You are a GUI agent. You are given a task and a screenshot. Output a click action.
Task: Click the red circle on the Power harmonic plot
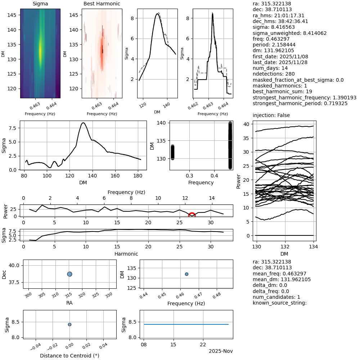tap(192, 215)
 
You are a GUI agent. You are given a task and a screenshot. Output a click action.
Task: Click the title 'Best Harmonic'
tap(102, 4)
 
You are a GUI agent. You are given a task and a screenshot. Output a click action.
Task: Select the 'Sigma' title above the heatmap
tap(40, 4)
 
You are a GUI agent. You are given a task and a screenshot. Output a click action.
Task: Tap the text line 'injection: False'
tap(271, 115)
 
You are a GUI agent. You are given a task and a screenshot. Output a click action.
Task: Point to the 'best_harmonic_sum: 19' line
tap(282, 91)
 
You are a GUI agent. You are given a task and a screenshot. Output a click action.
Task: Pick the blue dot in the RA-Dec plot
tap(69, 274)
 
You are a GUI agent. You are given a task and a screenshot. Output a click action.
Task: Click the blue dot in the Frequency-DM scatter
tap(186, 274)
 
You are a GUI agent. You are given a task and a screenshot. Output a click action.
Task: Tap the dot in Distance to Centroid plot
tap(69, 324)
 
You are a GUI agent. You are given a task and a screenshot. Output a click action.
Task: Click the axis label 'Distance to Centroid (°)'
tap(69, 356)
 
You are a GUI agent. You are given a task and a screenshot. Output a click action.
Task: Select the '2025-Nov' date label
tap(221, 351)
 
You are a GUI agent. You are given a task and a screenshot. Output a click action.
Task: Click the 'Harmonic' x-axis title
tap(126, 253)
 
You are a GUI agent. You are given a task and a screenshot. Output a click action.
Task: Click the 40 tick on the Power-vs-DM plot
tap(247, 124)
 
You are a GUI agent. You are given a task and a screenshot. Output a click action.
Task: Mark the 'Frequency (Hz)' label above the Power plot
tap(126, 192)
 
